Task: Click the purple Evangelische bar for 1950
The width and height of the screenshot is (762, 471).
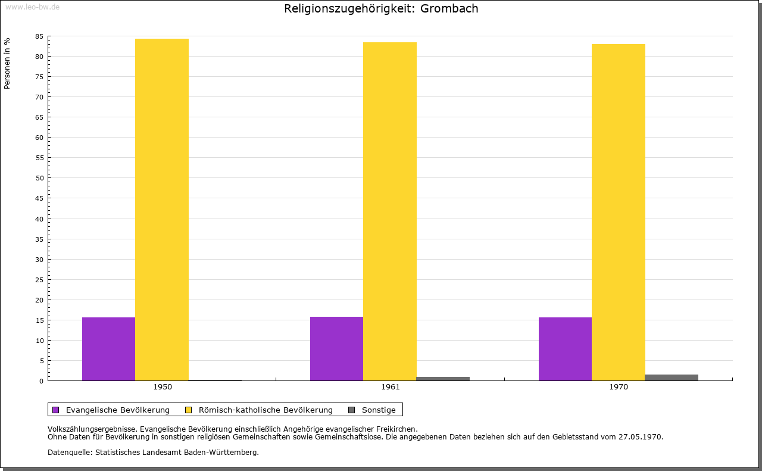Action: tap(108, 349)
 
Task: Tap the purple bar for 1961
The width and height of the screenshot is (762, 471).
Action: tap(336, 348)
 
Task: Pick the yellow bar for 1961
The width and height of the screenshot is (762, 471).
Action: tap(390, 211)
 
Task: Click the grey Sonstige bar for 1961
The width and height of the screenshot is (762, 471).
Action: tap(443, 379)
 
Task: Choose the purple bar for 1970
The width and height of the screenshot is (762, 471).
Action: tap(565, 349)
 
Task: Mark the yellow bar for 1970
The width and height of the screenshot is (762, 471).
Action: tap(618, 212)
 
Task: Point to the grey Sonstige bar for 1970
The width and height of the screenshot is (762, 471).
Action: tap(672, 378)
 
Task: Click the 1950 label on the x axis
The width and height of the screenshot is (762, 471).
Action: tap(163, 387)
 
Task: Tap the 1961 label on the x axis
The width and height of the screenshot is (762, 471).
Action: tap(391, 387)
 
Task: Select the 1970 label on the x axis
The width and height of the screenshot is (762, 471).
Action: tap(619, 387)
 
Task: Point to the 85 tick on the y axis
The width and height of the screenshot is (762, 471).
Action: tap(39, 36)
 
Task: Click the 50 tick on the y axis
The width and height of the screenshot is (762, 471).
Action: tap(39, 178)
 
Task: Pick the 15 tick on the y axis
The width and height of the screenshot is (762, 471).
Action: tap(39, 320)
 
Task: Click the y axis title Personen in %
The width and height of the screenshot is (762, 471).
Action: tap(7, 63)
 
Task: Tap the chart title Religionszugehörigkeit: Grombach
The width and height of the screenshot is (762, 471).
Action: tap(381, 9)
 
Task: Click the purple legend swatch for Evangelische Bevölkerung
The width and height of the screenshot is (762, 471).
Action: tap(56, 410)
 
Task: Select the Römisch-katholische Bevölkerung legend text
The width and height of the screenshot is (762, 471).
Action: tap(266, 410)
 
